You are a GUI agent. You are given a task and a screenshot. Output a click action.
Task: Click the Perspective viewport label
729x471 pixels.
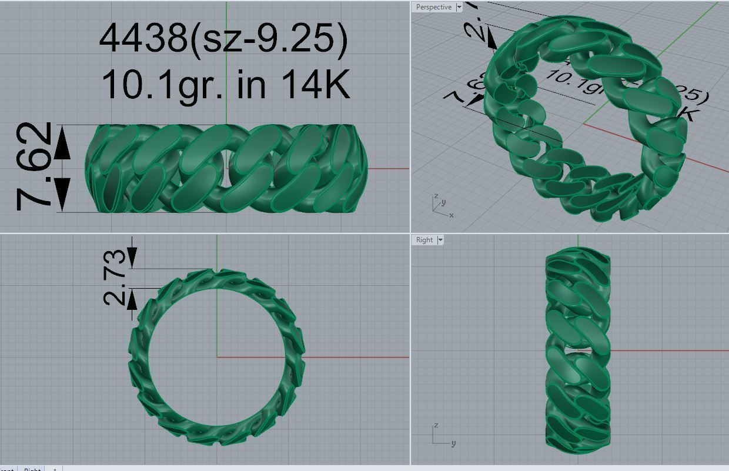click(x=433, y=7)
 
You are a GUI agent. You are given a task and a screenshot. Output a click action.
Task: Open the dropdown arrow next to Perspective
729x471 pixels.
click(x=459, y=7)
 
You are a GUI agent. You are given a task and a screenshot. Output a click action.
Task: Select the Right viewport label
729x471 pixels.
click(x=424, y=240)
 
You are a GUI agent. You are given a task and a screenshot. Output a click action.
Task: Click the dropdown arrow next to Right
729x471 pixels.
click(x=440, y=240)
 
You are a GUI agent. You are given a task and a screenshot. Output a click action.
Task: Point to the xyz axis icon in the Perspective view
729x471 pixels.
click(x=440, y=205)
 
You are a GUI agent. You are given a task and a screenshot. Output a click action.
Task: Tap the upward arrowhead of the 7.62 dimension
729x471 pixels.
click(x=62, y=148)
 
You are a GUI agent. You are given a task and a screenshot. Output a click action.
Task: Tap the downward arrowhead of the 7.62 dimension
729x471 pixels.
click(x=62, y=191)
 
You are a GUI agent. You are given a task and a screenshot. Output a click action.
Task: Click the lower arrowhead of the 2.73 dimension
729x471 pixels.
click(x=132, y=300)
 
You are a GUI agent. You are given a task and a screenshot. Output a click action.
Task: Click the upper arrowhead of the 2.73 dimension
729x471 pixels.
click(x=132, y=256)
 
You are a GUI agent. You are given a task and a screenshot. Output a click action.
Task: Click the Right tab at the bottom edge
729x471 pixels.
click(x=32, y=469)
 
